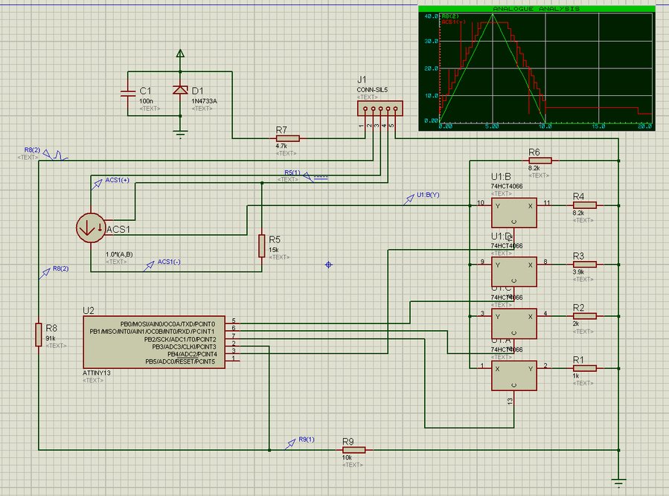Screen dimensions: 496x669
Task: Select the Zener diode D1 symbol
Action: coord(179,90)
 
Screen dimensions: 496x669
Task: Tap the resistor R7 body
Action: coord(287,138)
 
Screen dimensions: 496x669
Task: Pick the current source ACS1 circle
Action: coord(91,228)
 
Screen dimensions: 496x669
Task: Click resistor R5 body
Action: coord(261,245)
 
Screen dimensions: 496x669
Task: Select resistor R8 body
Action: coord(38,334)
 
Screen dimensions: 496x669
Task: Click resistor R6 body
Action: coord(540,160)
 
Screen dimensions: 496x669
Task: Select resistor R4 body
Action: coord(584,204)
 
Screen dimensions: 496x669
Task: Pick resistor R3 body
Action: coord(584,263)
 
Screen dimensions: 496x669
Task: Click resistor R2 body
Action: coord(584,315)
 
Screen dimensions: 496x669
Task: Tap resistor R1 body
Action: coord(584,367)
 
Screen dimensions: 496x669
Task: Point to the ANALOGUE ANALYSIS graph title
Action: coord(535,9)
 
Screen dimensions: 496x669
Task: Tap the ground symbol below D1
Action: coord(179,134)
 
